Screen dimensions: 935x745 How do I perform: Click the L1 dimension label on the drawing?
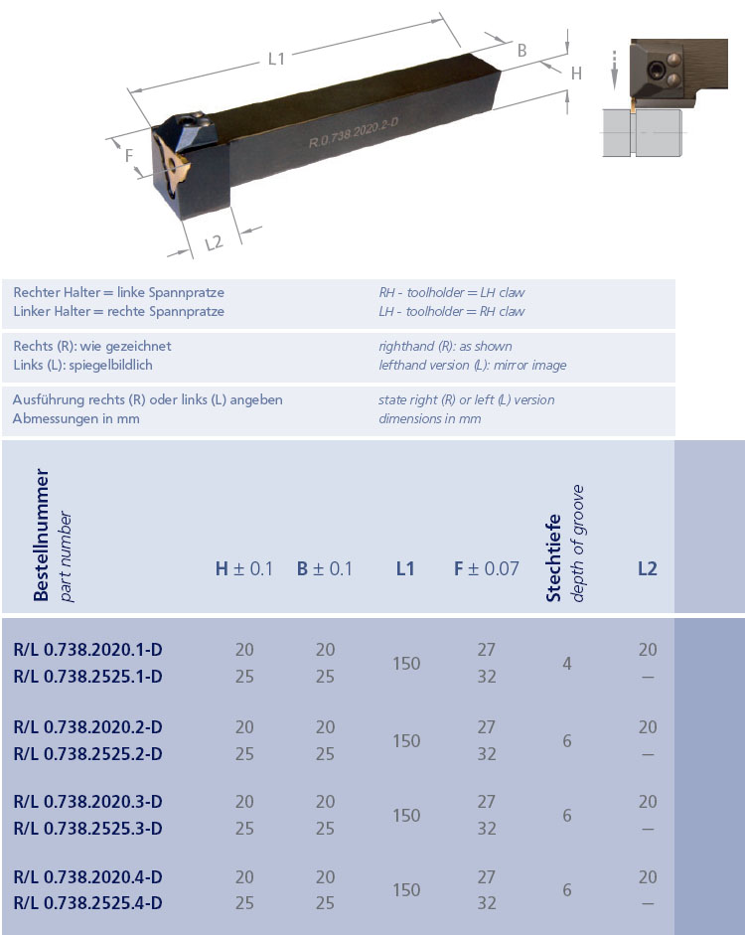coord(277,59)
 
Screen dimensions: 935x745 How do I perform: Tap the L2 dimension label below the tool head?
coord(214,241)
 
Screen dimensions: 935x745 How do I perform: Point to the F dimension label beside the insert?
coord(129,155)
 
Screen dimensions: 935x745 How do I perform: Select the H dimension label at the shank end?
coord(576,73)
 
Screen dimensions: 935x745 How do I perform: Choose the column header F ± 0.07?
coord(486,569)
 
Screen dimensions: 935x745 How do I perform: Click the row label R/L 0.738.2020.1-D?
coord(88,650)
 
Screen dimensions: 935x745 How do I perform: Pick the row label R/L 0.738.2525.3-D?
coord(88,829)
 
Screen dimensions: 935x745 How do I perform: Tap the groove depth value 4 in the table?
coord(567,663)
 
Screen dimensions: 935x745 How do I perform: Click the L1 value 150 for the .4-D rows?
coord(406,890)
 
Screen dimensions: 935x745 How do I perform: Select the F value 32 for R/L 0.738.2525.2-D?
coord(486,754)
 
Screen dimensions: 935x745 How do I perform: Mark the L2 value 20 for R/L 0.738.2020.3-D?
coord(648,802)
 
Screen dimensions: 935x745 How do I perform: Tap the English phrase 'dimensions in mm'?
coord(429,418)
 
